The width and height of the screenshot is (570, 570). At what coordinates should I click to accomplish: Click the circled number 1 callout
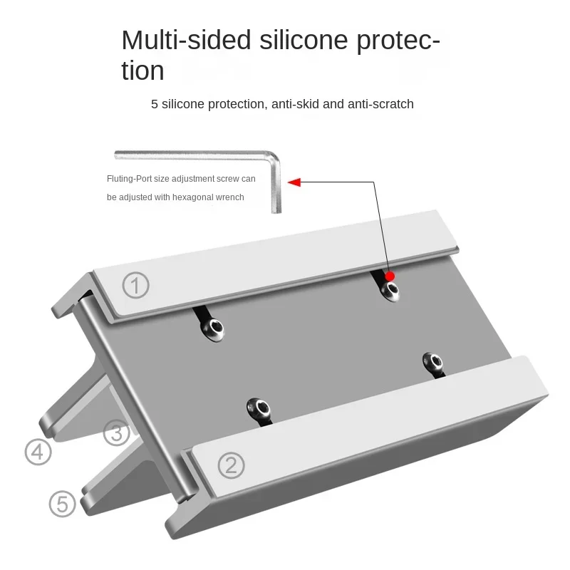pyautogui.click(x=136, y=286)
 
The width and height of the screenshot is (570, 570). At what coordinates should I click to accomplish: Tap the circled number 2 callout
pyautogui.click(x=230, y=466)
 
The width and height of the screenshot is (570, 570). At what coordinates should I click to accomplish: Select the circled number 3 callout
pyautogui.click(x=116, y=432)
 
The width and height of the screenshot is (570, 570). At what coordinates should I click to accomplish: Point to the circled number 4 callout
pyautogui.click(x=38, y=452)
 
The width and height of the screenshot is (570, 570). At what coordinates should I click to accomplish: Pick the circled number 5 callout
pyautogui.click(x=62, y=504)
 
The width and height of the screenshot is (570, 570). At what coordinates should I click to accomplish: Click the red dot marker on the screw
pyautogui.click(x=390, y=276)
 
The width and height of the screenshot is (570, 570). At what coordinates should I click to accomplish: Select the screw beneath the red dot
pyautogui.click(x=390, y=289)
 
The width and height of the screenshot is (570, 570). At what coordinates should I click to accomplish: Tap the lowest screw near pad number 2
pyautogui.click(x=258, y=408)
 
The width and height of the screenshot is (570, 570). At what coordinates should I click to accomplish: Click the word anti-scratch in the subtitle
pyautogui.click(x=380, y=104)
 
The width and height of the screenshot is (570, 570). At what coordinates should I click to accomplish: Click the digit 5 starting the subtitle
pyautogui.click(x=155, y=104)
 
